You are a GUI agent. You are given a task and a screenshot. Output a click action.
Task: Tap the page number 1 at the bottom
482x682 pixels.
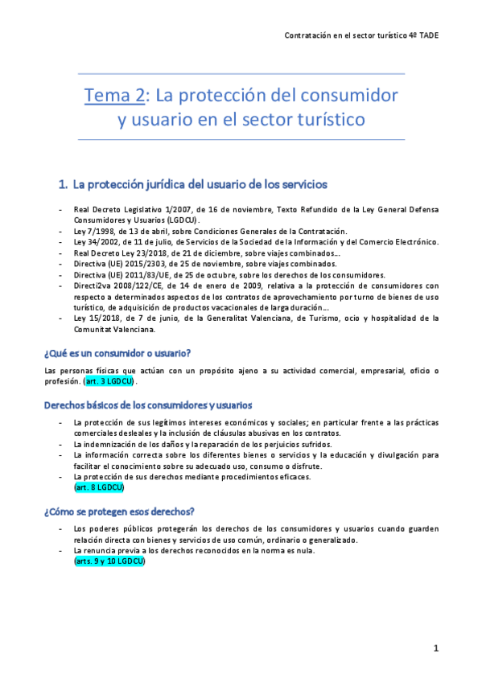click(435, 648)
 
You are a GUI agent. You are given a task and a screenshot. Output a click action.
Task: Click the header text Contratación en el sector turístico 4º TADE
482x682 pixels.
click(362, 36)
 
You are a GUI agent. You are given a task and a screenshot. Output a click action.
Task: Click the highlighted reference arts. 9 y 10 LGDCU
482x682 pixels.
click(109, 561)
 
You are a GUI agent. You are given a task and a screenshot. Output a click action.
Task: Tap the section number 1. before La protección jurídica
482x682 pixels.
click(64, 184)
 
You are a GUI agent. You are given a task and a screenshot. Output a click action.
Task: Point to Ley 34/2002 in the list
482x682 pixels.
click(97, 242)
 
